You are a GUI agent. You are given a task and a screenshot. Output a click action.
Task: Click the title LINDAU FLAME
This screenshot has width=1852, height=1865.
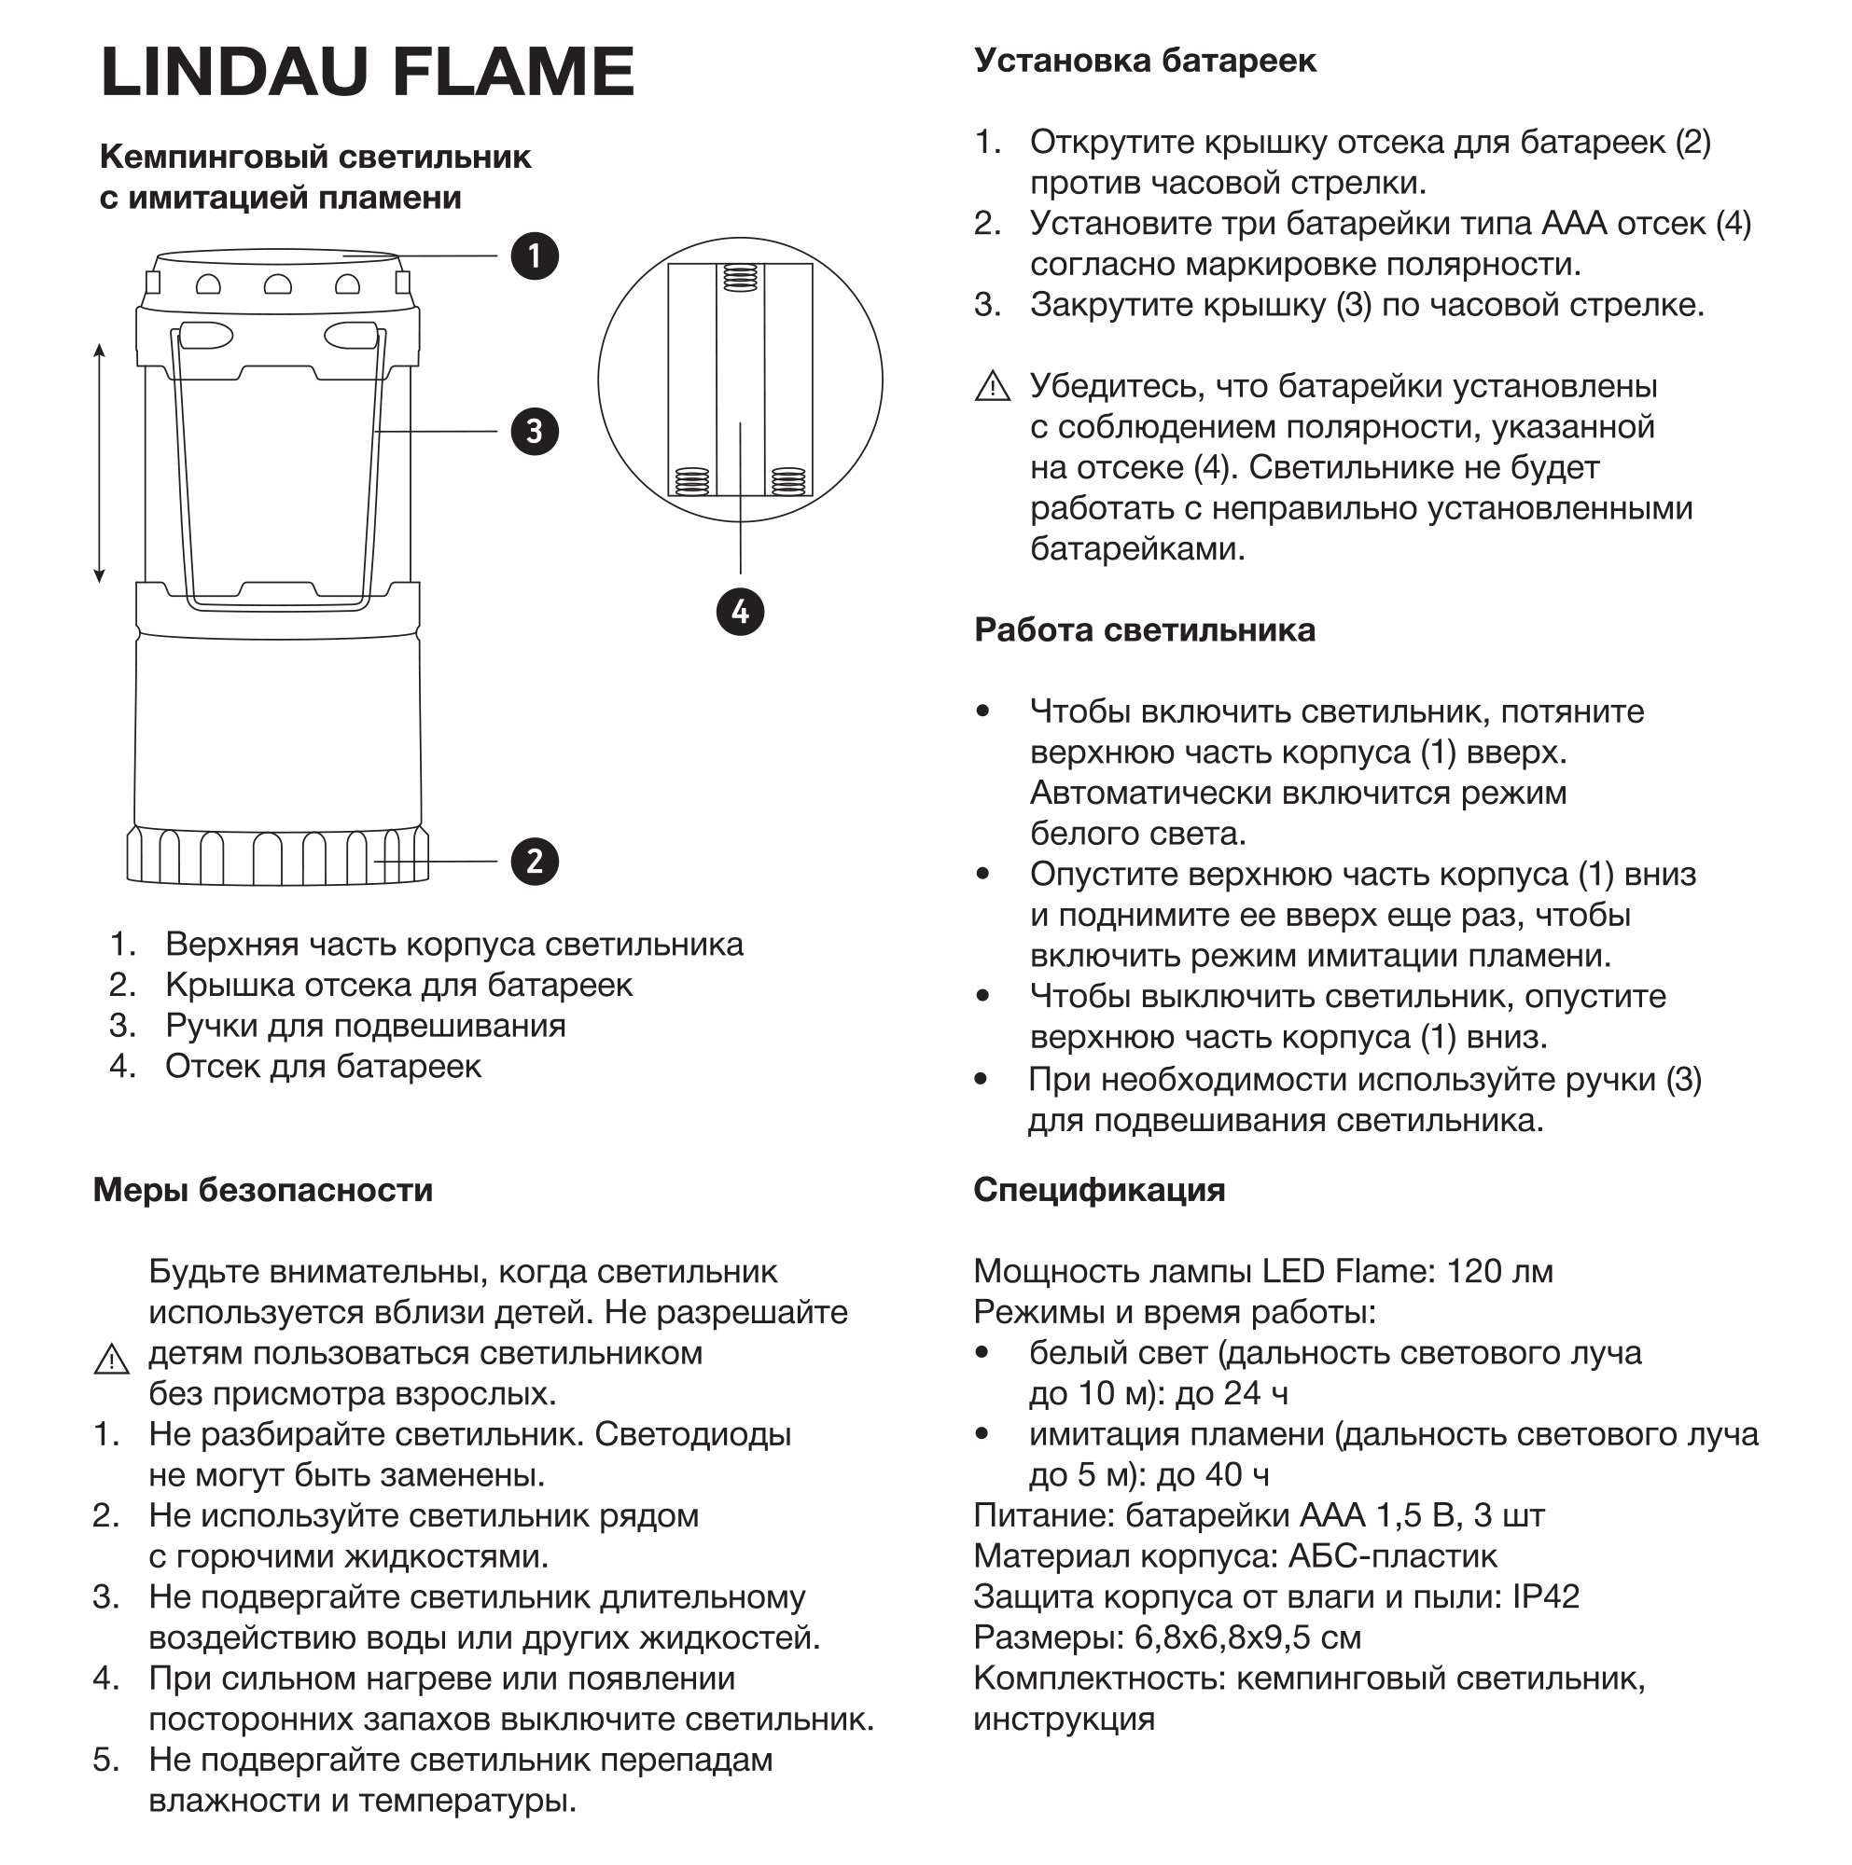[367, 73]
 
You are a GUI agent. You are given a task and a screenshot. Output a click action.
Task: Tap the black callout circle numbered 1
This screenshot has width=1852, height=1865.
[535, 256]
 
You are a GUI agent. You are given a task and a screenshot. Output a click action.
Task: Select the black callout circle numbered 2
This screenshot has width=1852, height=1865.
[535, 861]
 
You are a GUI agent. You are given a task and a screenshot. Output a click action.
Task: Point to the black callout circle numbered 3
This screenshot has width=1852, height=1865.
[535, 431]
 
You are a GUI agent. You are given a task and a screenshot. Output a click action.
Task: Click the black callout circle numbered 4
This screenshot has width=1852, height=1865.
[741, 612]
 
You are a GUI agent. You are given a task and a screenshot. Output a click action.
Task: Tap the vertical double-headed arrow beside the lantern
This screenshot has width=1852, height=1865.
[99, 463]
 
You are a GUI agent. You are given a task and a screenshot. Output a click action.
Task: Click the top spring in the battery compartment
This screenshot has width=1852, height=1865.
[741, 278]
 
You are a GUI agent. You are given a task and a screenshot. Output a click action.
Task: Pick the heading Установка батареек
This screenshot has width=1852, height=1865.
[1144, 61]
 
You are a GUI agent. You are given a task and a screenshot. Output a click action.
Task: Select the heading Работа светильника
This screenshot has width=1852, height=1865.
[1144, 630]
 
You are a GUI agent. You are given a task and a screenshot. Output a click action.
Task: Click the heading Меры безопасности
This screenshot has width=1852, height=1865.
[263, 1190]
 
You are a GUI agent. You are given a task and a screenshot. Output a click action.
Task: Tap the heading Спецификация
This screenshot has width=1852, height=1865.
[1099, 1190]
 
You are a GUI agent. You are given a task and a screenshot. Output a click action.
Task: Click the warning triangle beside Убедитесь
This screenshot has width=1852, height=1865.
[992, 387]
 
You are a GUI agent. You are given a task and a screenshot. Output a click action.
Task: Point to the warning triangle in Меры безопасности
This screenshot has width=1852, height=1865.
[112, 1360]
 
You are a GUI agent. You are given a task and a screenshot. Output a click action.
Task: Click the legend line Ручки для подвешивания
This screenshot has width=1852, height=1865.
[365, 1025]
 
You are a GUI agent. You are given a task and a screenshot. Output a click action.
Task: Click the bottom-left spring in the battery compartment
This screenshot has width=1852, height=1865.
[692, 481]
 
